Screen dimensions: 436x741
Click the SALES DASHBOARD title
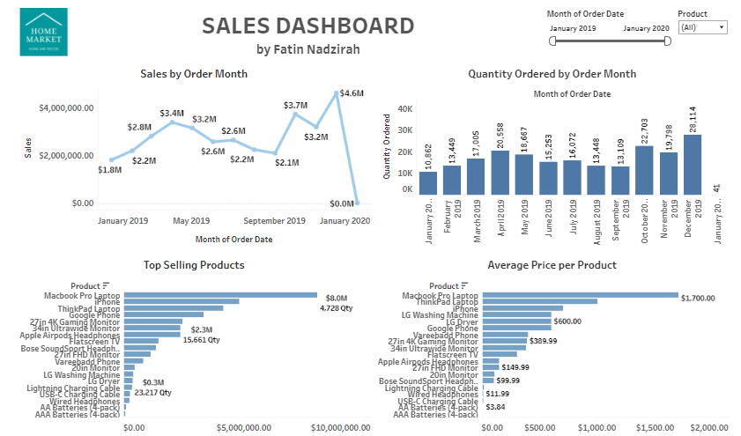click(308, 26)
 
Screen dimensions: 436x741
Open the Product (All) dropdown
click(702, 28)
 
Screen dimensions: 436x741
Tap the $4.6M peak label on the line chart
click(352, 93)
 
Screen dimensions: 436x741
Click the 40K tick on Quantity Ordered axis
click(404, 109)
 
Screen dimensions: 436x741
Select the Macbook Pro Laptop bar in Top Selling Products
click(220, 296)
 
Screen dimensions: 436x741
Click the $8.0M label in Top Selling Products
click(337, 299)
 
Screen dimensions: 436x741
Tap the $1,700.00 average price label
click(697, 299)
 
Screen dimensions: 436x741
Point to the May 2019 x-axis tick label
click(191, 220)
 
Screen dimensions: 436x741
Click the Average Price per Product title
click(552, 265)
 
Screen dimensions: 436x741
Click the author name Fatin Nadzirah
click(308, 49)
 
